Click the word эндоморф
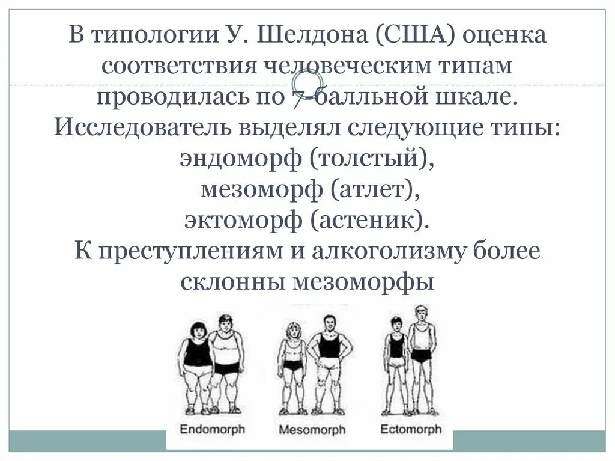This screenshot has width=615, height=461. click(241, 159)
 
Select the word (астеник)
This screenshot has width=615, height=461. click(371, 220)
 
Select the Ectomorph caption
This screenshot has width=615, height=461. click(411, 429)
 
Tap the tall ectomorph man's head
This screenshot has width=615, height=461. click(421, 314)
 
